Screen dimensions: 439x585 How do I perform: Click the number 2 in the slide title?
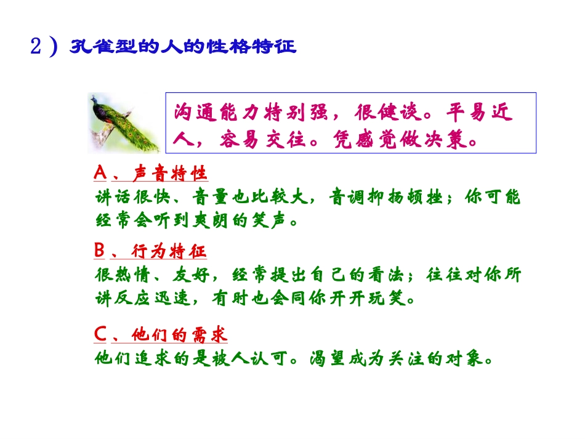tap(36, 47)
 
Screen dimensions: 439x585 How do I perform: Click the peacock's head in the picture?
tap(94, 100)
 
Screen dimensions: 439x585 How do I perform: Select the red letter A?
tap(100, 174)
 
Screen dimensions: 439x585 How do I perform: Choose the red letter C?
tap(100, 335)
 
